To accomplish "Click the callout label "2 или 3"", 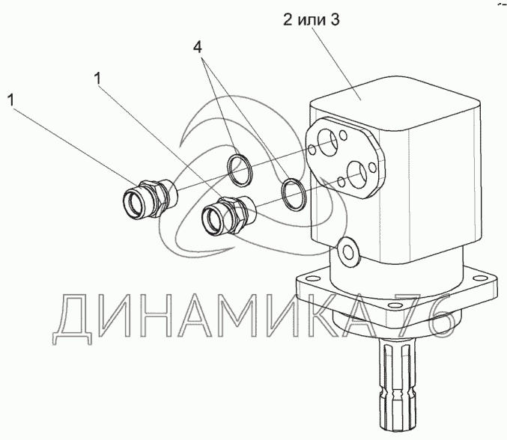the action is [x=312, y=20].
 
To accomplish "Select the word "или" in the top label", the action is [x=312, y=20].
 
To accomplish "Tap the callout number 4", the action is [x=198, y=47].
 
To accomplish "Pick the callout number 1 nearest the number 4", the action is [x=97, y=79].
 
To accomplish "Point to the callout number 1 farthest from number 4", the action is [x=10, y=100].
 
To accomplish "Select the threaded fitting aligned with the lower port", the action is [x=228, y=216].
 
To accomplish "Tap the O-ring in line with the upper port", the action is [x=240, y=170].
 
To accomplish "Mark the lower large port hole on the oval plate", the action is [x=357, y=174].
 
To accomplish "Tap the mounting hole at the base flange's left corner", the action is [x=311, y=278].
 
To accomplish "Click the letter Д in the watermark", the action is [x=73, y=319].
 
